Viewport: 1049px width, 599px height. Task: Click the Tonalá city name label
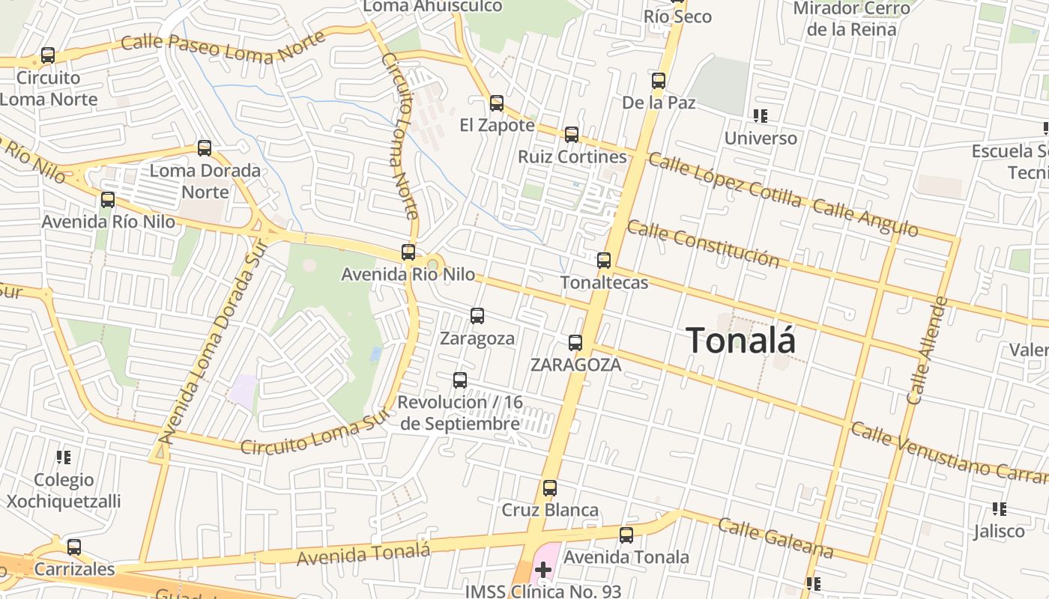(x=741, y=341)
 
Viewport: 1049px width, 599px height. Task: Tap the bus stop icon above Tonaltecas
(x=604, y=261)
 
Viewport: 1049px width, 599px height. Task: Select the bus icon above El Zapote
(x=497, y=103)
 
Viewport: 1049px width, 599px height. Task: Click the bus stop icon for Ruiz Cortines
(x=572, y=135)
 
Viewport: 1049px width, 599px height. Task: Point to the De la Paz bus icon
(x=659, y=81)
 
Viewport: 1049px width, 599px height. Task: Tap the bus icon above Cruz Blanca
(x=550, y=489)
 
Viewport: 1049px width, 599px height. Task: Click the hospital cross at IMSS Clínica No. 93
(x=543, y=571)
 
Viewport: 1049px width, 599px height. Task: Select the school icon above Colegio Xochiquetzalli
(x=64, y=457)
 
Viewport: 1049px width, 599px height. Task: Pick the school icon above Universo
(x=761, y=116)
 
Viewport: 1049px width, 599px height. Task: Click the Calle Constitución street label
(x=703, y=244)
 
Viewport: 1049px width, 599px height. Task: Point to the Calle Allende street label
(x=927, y=350)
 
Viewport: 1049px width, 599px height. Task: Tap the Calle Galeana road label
(x=776, y=538)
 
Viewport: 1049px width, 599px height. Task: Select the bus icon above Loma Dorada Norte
(x=205, y=148)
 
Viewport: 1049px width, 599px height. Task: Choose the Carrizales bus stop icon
(x=73, y=547)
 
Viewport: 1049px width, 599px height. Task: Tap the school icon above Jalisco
(x=999, y=509)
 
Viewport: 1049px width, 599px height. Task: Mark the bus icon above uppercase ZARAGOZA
(x=575, y=343)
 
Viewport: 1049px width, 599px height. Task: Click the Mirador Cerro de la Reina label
(x=851, y=19)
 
